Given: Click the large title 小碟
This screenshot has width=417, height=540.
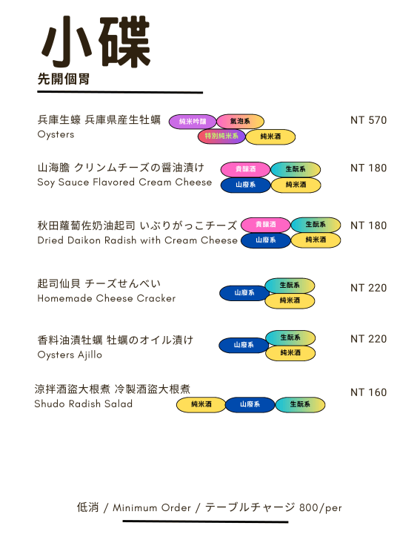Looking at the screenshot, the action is click(x=96, y=42).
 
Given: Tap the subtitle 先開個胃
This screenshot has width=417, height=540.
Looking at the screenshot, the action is click(x=64, y=79).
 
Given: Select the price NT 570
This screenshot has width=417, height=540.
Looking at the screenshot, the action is click(x=369, y=120).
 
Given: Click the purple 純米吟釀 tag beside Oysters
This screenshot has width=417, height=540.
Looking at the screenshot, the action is click(x=193, y=121).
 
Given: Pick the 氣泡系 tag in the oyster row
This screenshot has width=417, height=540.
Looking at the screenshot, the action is click(x=240, y=121).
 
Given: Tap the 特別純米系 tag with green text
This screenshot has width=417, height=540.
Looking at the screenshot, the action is click(x=221, y=136).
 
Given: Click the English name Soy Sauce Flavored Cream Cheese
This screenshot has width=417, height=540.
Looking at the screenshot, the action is click(x=124, y=182).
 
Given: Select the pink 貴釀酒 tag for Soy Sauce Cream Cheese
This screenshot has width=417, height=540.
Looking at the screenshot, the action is click(x=245, y=169).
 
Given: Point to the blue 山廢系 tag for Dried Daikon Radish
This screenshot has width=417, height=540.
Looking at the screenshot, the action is click(x=266, y=240).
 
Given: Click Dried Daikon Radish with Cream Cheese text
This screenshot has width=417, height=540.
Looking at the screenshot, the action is click(x=137, y=240).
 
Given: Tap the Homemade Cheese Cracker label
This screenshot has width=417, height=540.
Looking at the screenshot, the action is click(x=107, y=298).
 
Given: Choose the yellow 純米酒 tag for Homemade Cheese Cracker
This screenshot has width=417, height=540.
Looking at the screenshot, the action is click(x=290, y=300).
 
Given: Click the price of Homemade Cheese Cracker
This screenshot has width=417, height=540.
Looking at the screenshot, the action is click(x=369, y=288).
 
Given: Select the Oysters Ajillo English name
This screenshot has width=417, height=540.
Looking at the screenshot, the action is click(x=70, y=355).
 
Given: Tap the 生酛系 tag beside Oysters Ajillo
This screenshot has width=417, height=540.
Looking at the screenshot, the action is click(x=290, y=337).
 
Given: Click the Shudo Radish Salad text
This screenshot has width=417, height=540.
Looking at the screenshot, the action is click(x=83, y=404).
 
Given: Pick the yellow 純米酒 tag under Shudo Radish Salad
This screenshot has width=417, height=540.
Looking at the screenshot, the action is click(x=201, y=404).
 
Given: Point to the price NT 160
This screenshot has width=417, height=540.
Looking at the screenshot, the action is click(x=369, y=392).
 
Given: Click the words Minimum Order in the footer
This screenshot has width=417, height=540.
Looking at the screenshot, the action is click(x=152, y=507).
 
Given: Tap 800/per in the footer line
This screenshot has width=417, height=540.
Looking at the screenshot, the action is click(x=321, y=508).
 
